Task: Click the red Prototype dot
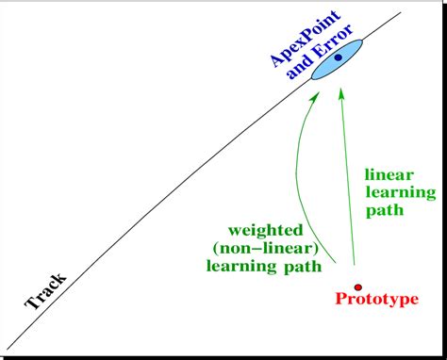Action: pyautogui.click(x=357, y=286)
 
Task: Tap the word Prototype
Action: pyautogui.click(x=376, y=301)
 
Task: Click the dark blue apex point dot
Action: pyautogui.click(x=337, y=58)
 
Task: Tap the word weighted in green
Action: pyautogui.click(x=265, y=229)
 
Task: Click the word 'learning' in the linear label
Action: pyautogui.click(x=400, y=193)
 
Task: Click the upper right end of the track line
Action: pyautogui.click(x=400, y=13)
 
